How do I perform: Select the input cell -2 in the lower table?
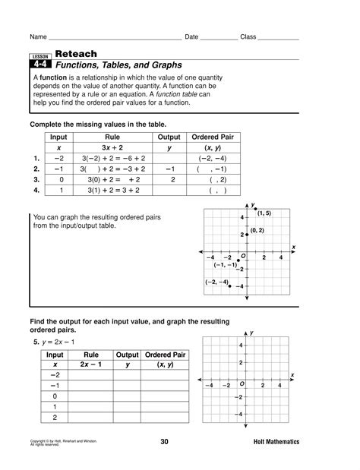55,375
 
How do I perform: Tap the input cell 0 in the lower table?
55,396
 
